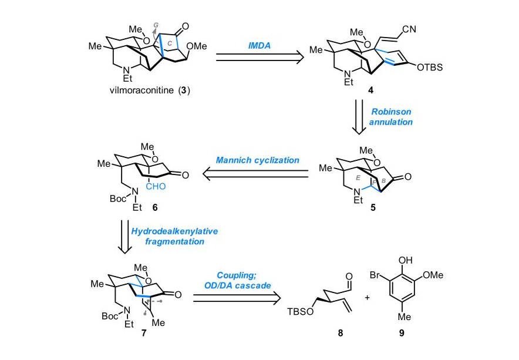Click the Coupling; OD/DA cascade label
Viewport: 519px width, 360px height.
click(236, 281)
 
